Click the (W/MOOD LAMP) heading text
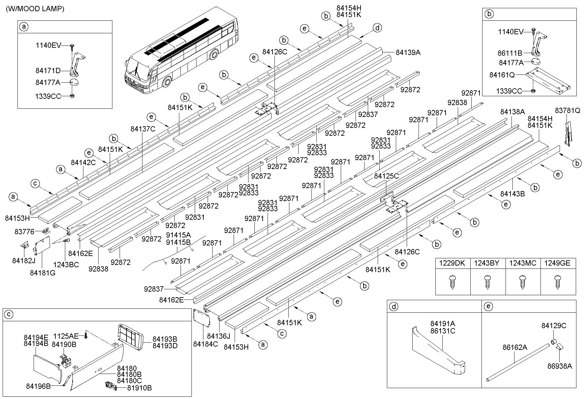[35, 9]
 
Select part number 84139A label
[408, 52]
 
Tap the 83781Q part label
[567, 111]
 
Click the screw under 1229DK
[453, 282]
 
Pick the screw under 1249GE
[558, 282]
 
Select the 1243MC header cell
[523, 263]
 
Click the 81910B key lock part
[110, 386]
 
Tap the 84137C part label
[143, 129]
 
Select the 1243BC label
[66, 265]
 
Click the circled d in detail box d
[394, 307]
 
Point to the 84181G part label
[43, 273]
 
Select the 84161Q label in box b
[502, 75]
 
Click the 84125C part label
[386, 176]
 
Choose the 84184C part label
[205, 344]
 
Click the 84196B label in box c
[38, 386]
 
